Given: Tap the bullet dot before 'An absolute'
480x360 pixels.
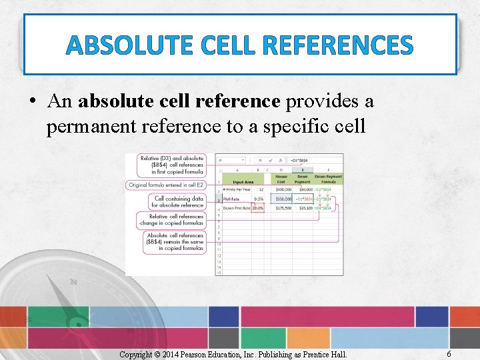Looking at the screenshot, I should point(32,102).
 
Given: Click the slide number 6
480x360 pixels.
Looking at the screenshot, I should point(449,354).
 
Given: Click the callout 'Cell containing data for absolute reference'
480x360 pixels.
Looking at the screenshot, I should point(178,201).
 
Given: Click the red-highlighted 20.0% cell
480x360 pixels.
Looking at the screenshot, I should point(257,208).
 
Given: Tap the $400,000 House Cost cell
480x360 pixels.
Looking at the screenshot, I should point(282,189).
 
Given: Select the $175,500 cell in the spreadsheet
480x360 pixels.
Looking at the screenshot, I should point(282,208).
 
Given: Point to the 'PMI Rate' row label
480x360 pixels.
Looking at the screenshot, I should point(231,199).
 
